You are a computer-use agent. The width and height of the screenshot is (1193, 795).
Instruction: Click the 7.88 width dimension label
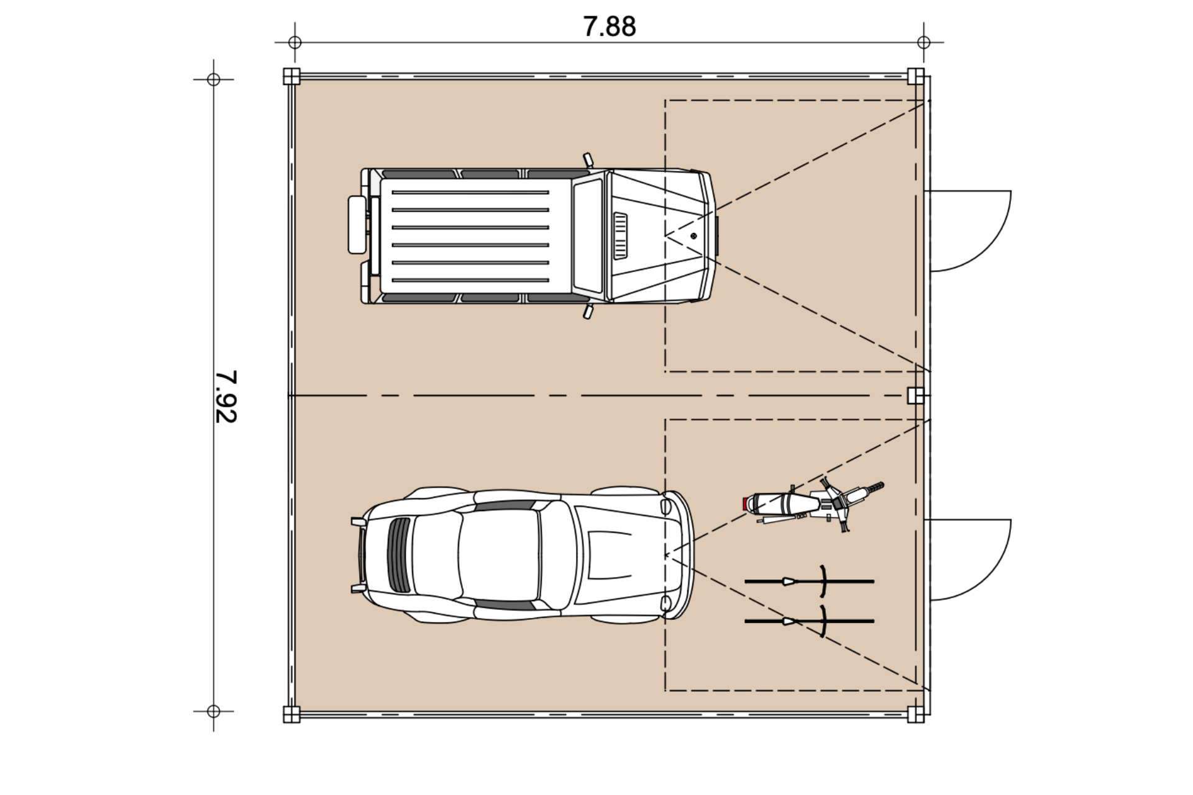pyautogui.click(x=609, y=27)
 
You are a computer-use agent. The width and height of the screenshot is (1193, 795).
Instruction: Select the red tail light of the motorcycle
pyautogui.click(x=745, y=504)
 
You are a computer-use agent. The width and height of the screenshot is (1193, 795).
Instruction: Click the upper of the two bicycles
pyautogui.click(x=809, y=581)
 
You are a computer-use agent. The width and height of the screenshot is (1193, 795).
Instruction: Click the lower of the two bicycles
pyautogui.click(x=809, y=620)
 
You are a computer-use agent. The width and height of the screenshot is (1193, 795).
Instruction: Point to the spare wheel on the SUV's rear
pyautogui.click(x=357, y=225)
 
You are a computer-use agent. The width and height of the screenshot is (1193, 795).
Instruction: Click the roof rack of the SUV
pyautogui.click(x=470, y=236)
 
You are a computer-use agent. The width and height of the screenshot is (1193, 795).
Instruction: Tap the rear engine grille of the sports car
pyautogui.click(x=399, y=555)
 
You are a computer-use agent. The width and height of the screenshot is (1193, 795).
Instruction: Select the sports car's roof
pyautogui.click(x=499, y=555)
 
